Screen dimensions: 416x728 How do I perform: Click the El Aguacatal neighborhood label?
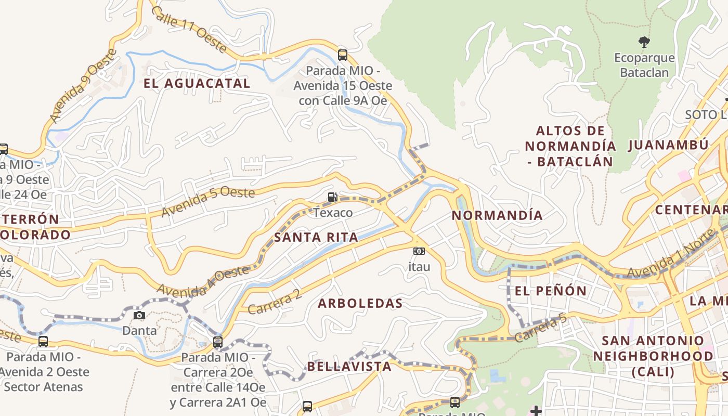tap(197, 83)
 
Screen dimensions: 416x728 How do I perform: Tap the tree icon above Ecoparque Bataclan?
tap(644, 42)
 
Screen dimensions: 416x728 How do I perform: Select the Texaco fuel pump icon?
tap(332, 197)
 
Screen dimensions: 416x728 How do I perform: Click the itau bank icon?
tap(419, 251)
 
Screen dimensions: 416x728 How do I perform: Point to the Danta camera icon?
tap(139, 315)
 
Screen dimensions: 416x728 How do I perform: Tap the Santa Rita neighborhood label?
tap(316, 238)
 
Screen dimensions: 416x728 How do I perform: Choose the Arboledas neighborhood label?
tap(360, 303)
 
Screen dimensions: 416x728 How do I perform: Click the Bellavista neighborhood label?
tap(349, 366)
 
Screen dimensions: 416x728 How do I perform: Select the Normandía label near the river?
tap(497, 215)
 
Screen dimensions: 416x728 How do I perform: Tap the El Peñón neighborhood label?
tap(551, 291)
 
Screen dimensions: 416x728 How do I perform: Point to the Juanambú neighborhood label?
tap(668, 145)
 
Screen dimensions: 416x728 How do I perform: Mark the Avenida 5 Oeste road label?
tap(208, 202)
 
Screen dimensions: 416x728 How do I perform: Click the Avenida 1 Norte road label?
tap(670, 260)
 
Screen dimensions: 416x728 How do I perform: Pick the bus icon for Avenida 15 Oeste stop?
tap(342, 55)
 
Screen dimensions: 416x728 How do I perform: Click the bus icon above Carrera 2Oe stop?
tap(218, 342)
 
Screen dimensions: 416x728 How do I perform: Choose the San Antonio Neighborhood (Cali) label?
tap(653, 356)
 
